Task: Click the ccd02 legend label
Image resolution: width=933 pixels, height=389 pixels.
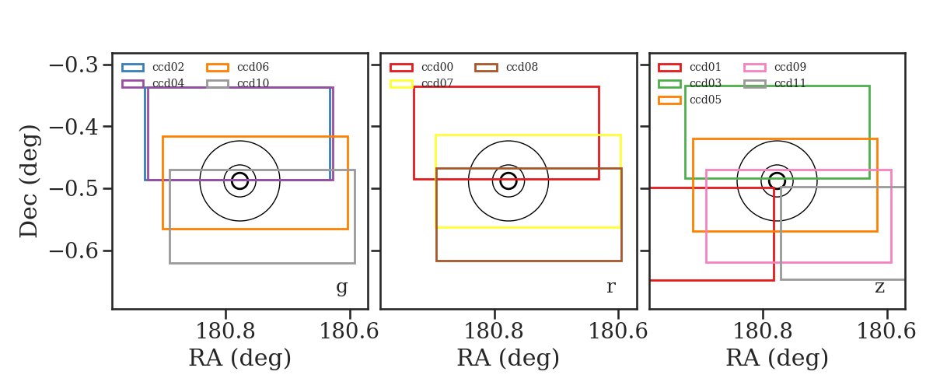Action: pyautogui.click(x=168, y=67)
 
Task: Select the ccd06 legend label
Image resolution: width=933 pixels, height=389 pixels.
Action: pyautogui.click(x=253, y=67)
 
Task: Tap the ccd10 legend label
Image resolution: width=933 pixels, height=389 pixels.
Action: pyautogui.click(x=253, y=83)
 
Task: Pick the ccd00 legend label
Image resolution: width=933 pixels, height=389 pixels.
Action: pyautogui.click(x=437, y=67)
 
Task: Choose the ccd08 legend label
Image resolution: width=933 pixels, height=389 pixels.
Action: pyautogui.click(x=522, y=67)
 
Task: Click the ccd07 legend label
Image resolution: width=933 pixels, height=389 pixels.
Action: pyautogui.click(x=437, y=83)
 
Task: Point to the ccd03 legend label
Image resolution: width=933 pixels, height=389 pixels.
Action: pyautogui.click(x=705, y=83)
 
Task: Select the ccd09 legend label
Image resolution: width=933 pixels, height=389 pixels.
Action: pyautogui.click(x=790, y=67)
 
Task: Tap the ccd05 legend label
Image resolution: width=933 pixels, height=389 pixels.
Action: pyautogui.click(x=705, y=100)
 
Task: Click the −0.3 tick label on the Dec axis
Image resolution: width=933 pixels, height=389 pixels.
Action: pyautogui.click(x=74, y=65)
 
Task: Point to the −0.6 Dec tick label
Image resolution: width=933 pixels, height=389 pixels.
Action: pyautogui.click(x=74, y=251)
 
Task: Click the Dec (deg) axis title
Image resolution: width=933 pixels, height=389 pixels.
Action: pyautogui.click(x=30, y=181)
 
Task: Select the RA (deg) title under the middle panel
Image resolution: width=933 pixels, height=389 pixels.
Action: pyautogui.click(x=508, y=358)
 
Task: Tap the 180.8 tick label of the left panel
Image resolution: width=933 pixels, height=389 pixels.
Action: pyautogui.click(x=225, y=331)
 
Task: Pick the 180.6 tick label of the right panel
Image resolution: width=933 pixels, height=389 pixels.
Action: pyautogui.click(x=886, y=331)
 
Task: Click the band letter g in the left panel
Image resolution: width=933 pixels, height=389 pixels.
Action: pyautogui.click(x=341, y=287)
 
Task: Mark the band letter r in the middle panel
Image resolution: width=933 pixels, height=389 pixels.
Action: pyautogui.click(x=610, y=287)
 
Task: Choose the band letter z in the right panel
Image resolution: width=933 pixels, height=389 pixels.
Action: pyautogui.click(x=879, y=287)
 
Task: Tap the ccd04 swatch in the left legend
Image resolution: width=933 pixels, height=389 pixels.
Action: pyautogui.click(x=133, y=84)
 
